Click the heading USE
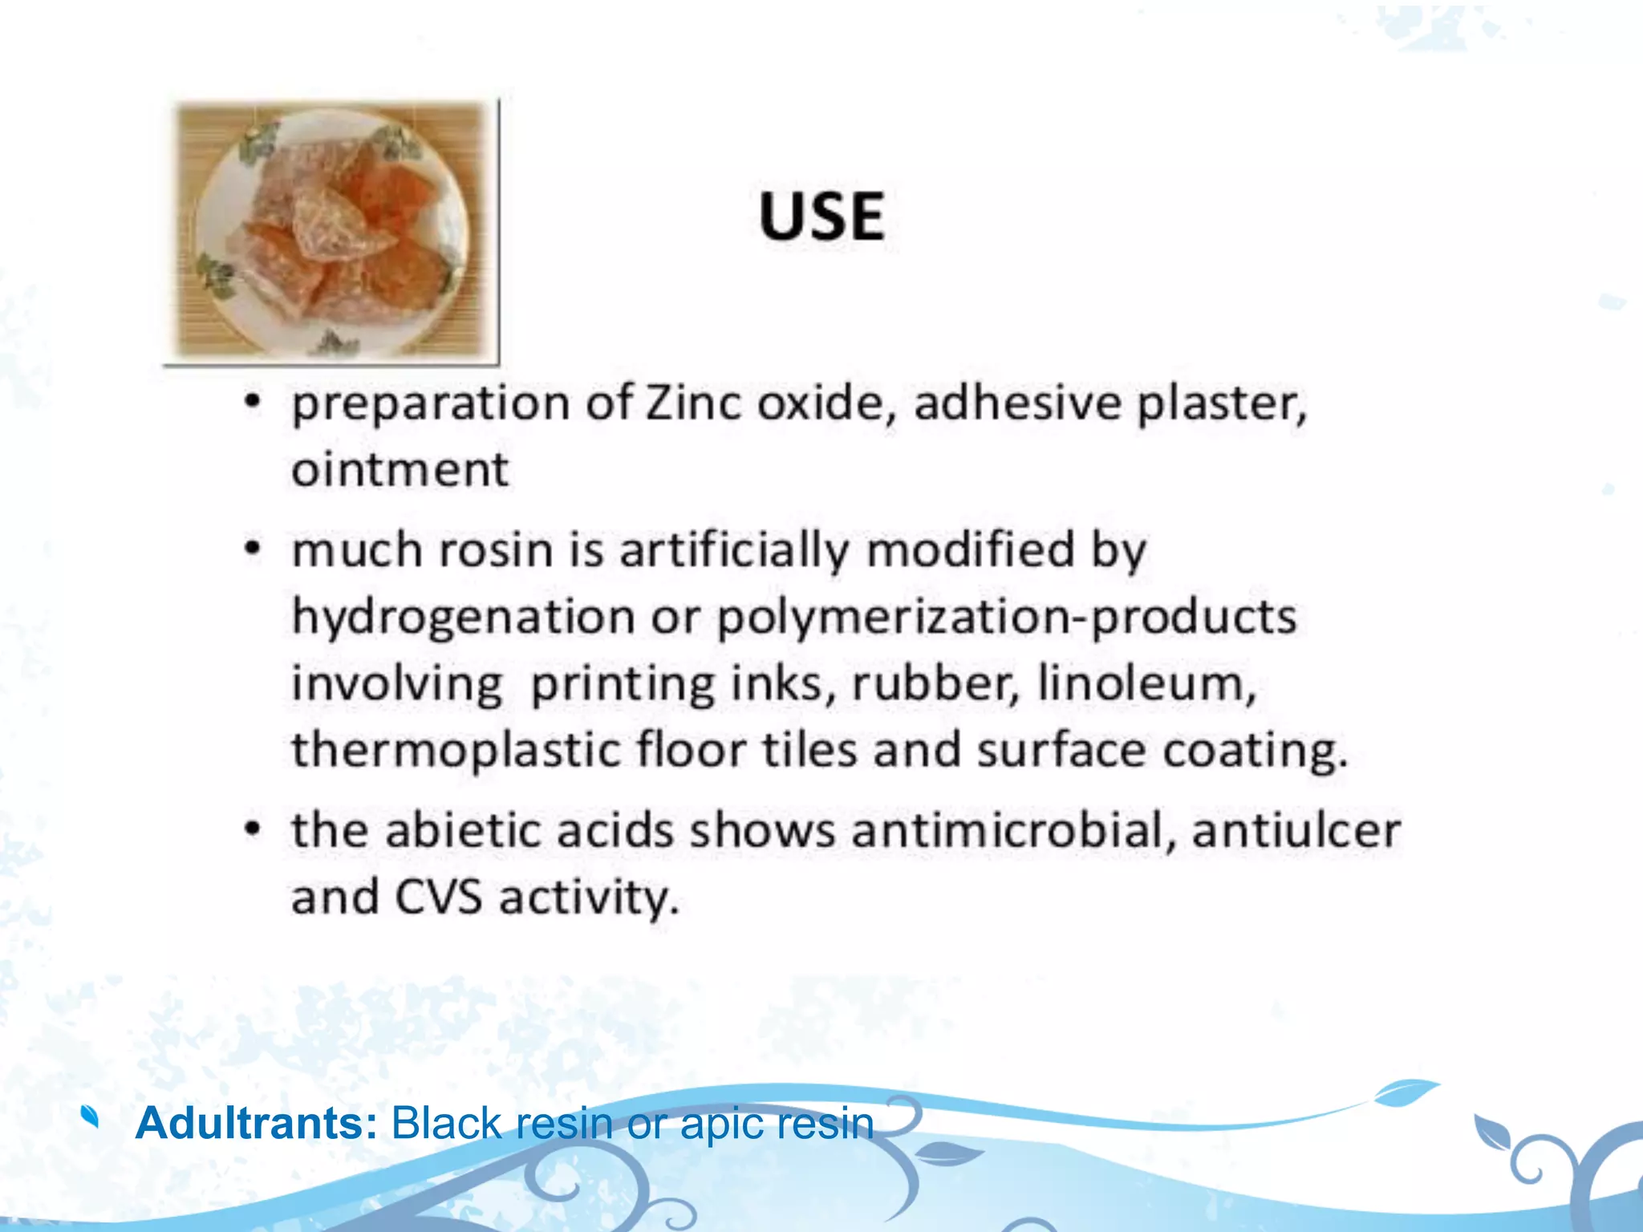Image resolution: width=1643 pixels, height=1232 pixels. tap(821, 217)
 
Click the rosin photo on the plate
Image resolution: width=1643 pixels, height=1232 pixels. tap(331, 231)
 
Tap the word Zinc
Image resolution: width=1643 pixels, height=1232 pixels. tap(695, 403)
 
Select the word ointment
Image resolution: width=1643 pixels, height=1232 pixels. tap(400, 469)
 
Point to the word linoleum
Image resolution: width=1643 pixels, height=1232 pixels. tap(1146, 684)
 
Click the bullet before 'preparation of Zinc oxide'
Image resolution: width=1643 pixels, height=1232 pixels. tap(253, 402)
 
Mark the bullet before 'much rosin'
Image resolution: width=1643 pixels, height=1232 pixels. tap(253, 550)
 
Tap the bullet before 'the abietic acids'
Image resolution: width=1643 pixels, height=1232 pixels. tap(253, 829)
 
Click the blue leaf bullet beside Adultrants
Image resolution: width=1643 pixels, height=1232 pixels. tap(91, 1116)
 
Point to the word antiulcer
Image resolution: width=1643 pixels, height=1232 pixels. tap(1296, 830)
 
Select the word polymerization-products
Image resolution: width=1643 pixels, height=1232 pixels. tap(1006, 618)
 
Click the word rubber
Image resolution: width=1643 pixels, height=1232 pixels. tap(935, 684)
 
